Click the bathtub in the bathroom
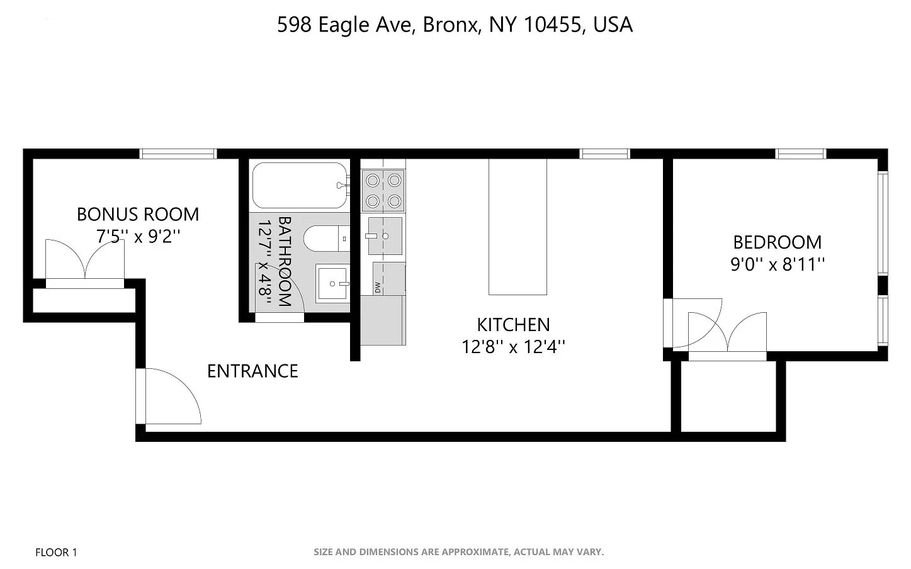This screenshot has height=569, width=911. tap(300, 185)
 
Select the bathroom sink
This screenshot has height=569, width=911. tap(332, 284)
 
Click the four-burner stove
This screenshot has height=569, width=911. tap(383, 191)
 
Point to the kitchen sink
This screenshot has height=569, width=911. tap(385, 236)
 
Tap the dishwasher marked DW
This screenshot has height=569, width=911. tap(388, 279)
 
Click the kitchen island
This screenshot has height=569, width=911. tap(518, 227)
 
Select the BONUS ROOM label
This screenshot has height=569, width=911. tap(138, 215)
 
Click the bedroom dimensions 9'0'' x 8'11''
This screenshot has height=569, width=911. tap(778, 264)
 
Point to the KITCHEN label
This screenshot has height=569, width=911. tap(513, 325)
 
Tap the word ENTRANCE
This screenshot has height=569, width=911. tap(252, 371)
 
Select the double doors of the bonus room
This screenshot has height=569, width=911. tap(85, 261)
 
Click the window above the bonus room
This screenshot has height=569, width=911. tap(178, 154)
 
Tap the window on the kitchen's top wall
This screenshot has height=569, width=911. tap(604, 154)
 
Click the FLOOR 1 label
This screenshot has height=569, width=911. tap(56, 553)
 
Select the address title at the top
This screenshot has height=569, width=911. tap(455, 25)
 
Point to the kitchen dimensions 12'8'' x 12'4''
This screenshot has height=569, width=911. tap(513, 347)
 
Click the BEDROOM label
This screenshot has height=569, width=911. tap(778, 242)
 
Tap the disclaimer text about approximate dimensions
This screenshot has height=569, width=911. tap(458, 552)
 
